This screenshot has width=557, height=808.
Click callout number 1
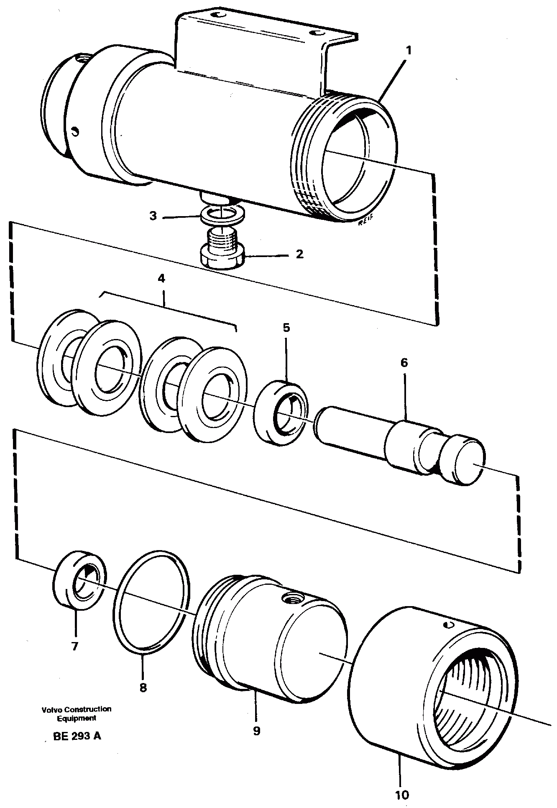(x=409, y=51)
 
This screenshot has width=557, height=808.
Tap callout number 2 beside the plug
(x=299, y=254)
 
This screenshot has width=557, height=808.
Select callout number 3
(x=153, y=217)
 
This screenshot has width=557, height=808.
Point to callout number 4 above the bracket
(x=161, y=278)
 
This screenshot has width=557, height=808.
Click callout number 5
(x=286, y=327)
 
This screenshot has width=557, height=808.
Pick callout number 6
(x=404, y=362)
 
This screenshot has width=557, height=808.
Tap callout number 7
(x=75, y=647)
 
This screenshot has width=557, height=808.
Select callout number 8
(x=143, y=688)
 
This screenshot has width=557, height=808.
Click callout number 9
(x=256, y=731)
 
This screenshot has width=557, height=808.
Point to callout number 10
(x=402, y=795)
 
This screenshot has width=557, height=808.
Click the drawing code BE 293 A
(x=77, y=736)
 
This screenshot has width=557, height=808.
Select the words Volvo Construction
(x=77, y=709)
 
